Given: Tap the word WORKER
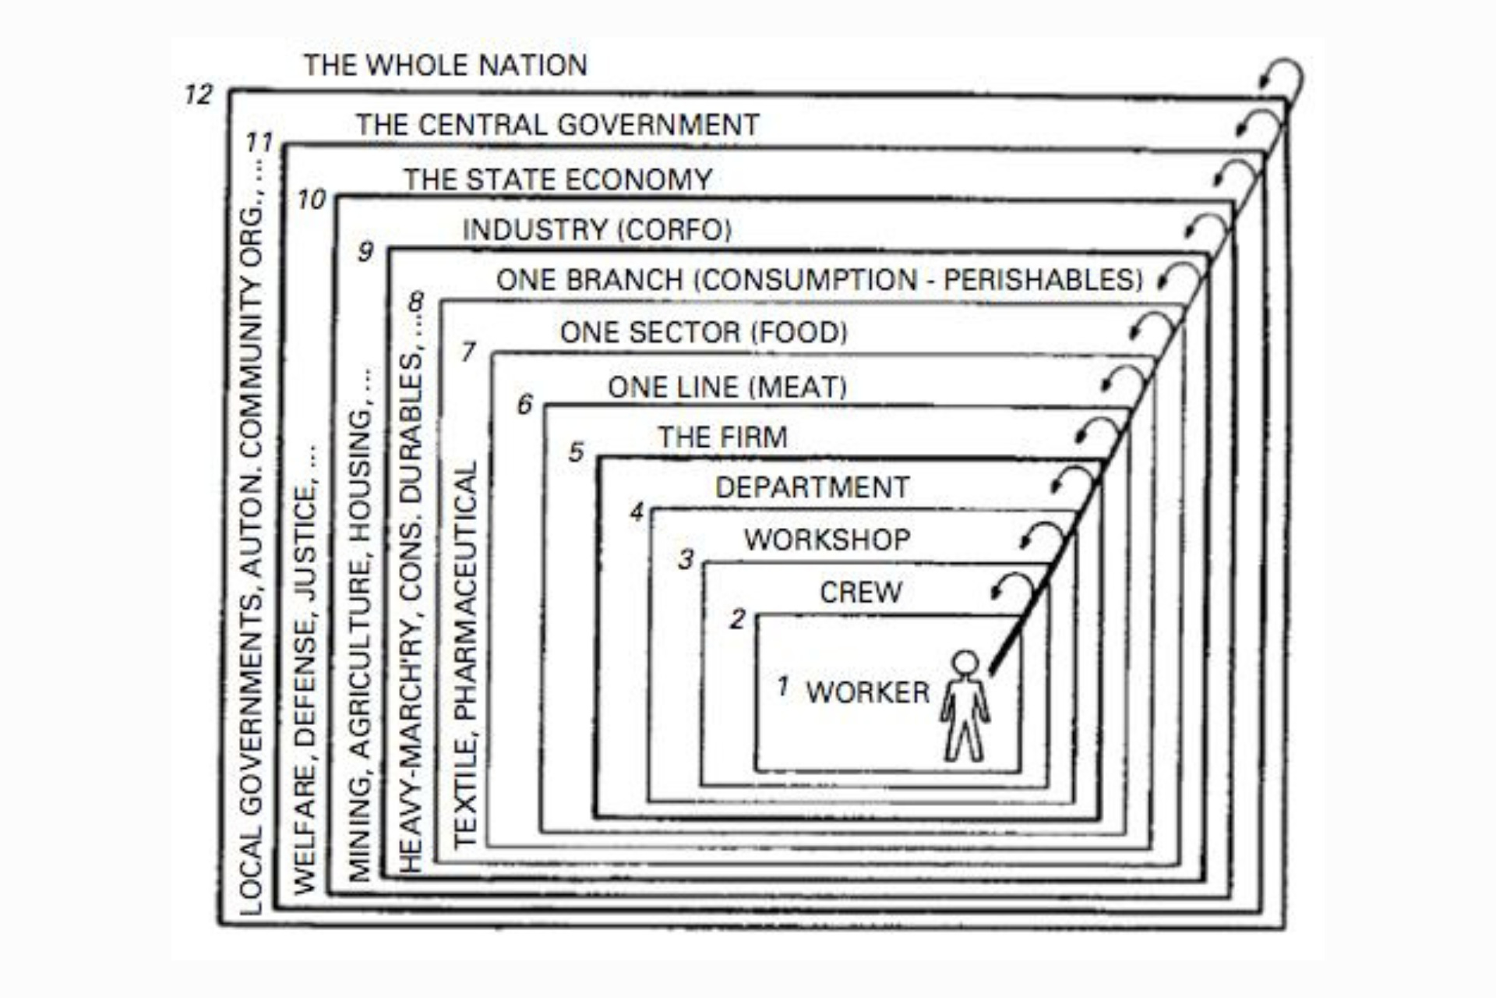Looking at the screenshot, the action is click(868, 692).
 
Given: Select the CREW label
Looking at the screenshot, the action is click(860, 593).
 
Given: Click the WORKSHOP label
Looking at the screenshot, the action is click(827, 540).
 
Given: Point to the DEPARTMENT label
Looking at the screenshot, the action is click(812, 487).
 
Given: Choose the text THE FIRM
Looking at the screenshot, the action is click(722, 437).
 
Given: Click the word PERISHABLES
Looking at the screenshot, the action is click(1042, 280).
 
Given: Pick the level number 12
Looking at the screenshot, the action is click(199, 95).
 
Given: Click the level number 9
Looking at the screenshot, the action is click(365, 252).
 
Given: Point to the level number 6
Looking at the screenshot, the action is click(525, 404).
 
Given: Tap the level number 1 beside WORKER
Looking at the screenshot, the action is click(783, 687).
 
